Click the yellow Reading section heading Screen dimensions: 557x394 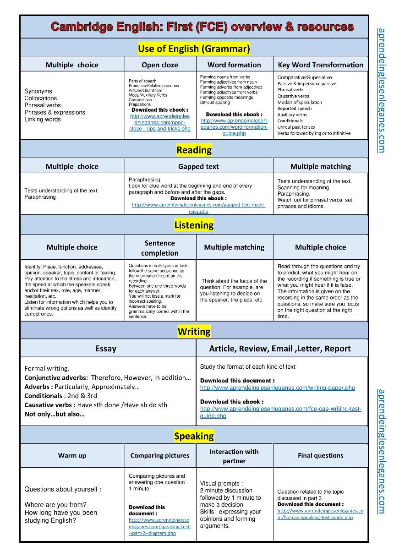coord(194,150)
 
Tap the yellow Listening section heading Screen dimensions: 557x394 coord(194,225)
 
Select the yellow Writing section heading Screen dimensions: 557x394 coord(194,331)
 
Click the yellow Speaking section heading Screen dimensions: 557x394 coord(194,436)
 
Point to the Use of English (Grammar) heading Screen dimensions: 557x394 coord(194,48)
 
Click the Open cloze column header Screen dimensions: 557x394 coord(160,65)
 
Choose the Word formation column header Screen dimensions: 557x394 coord(234,65)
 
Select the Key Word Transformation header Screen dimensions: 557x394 coord(320,65)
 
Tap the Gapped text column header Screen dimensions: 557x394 coord(198,166)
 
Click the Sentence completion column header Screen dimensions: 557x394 coord(160,248)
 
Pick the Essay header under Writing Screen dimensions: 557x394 coord(106,349)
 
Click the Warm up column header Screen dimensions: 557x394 coord(72,455)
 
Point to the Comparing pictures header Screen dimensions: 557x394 coord(160,455)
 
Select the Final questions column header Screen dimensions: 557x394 coord(320,455)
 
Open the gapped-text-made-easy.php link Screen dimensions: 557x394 coord(198,208)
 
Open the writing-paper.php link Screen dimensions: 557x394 coord(277,388)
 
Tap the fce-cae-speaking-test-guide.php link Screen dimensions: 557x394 coord(320,514)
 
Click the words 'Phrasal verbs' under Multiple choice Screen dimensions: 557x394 coord(43,105)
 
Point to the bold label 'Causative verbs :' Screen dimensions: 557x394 coord(50,405)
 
